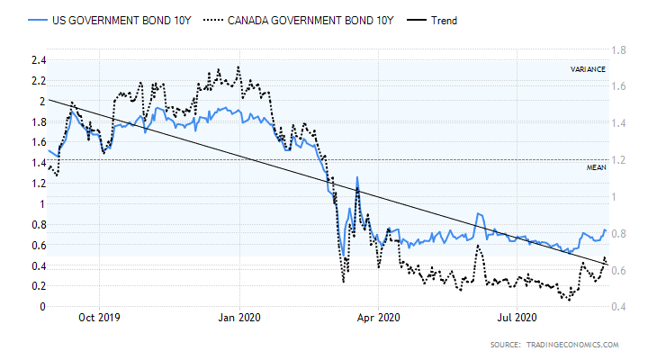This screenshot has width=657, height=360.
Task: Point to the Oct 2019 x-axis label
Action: (x=100, y=317)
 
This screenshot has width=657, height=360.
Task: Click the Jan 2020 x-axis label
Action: (x=240, y=317)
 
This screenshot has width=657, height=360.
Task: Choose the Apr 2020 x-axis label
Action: (x=379, y=317)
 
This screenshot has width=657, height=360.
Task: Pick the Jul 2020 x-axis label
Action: (x=517, y=317)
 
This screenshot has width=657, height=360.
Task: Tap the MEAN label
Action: (x=595, y=168)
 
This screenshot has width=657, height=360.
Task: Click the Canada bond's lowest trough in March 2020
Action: (x=343, y=283)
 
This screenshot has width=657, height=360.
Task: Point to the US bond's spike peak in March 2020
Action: (x=357, y=177)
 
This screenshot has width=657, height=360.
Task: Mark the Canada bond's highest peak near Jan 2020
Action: (x=238, y=66)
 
